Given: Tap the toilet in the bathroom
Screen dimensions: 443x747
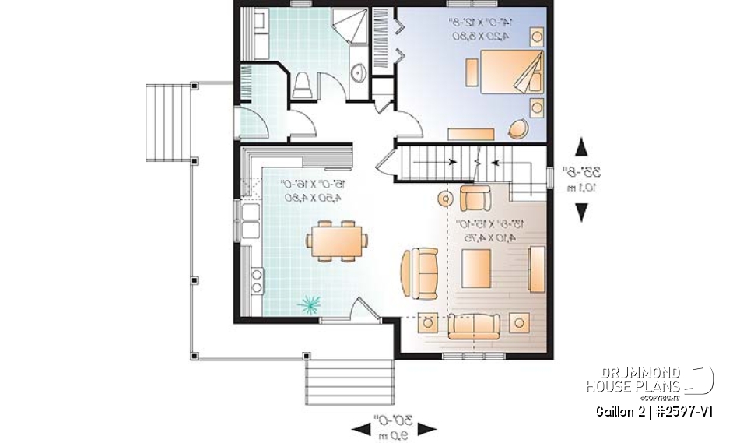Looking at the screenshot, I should click(302, 84).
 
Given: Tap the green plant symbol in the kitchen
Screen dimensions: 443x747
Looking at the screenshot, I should click(310, 304).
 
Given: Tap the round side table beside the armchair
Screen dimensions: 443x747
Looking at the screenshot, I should click(444, 199).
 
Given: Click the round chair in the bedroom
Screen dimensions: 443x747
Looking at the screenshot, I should click(517, 128).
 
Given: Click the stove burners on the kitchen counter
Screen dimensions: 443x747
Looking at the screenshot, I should click(255, 280).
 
